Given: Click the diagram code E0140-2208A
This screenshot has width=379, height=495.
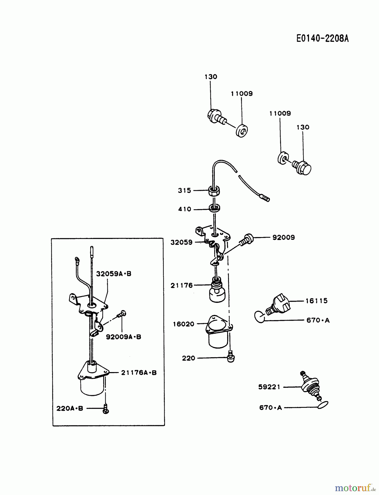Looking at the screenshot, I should coord(322,38).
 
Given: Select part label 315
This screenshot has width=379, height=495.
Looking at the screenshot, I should coord(184,190).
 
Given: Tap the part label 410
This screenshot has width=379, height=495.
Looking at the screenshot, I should coord(184,209).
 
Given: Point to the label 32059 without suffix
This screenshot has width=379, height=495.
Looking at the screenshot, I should coord(181,242).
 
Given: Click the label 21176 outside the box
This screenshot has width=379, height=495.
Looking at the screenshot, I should coord(182,285).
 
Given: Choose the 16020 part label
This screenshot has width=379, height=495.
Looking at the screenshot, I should coord(183,324).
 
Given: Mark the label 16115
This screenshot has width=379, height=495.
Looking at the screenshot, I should coord(316,301).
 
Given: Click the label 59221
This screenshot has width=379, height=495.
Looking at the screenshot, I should coord(269,387).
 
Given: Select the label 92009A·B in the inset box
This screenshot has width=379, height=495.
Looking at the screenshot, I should coord(123,337).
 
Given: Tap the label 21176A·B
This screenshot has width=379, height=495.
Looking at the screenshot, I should coord(139,373).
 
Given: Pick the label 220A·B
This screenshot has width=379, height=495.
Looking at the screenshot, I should coord(70,408).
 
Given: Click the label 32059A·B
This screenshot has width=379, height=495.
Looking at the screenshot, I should coord(113,274).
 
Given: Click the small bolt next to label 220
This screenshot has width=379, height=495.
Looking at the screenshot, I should coord(231,358).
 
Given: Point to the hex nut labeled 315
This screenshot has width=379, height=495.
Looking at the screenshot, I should coord(214,191).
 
